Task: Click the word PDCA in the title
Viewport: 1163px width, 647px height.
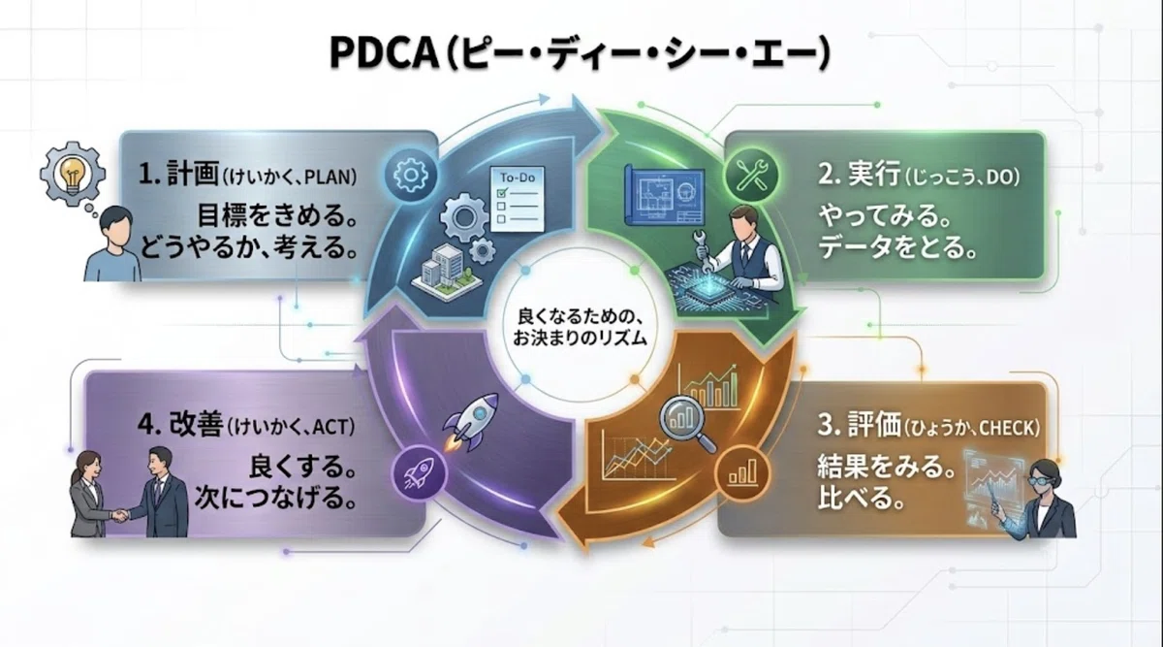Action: tap(384, 53)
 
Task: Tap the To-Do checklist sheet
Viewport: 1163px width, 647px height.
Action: tap(518, 199)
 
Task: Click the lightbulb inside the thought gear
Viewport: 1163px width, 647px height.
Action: tap(72, 173)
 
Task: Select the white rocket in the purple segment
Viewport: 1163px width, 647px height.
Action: tap(470, 421)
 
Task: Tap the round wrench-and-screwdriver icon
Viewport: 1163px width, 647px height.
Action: tap(752, 176)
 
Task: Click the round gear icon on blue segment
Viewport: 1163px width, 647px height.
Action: tap(410, 176)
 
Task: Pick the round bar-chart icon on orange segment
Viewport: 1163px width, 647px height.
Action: tap(742, 473)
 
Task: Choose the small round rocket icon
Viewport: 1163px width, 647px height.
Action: tap(419, 473)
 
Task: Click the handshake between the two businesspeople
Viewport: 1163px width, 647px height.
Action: tap(120, 515)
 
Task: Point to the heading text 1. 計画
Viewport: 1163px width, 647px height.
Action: tap(178, 173)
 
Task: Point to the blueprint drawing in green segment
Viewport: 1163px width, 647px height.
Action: tap(666, 196)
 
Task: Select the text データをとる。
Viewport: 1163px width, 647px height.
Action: tap(897, 246)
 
